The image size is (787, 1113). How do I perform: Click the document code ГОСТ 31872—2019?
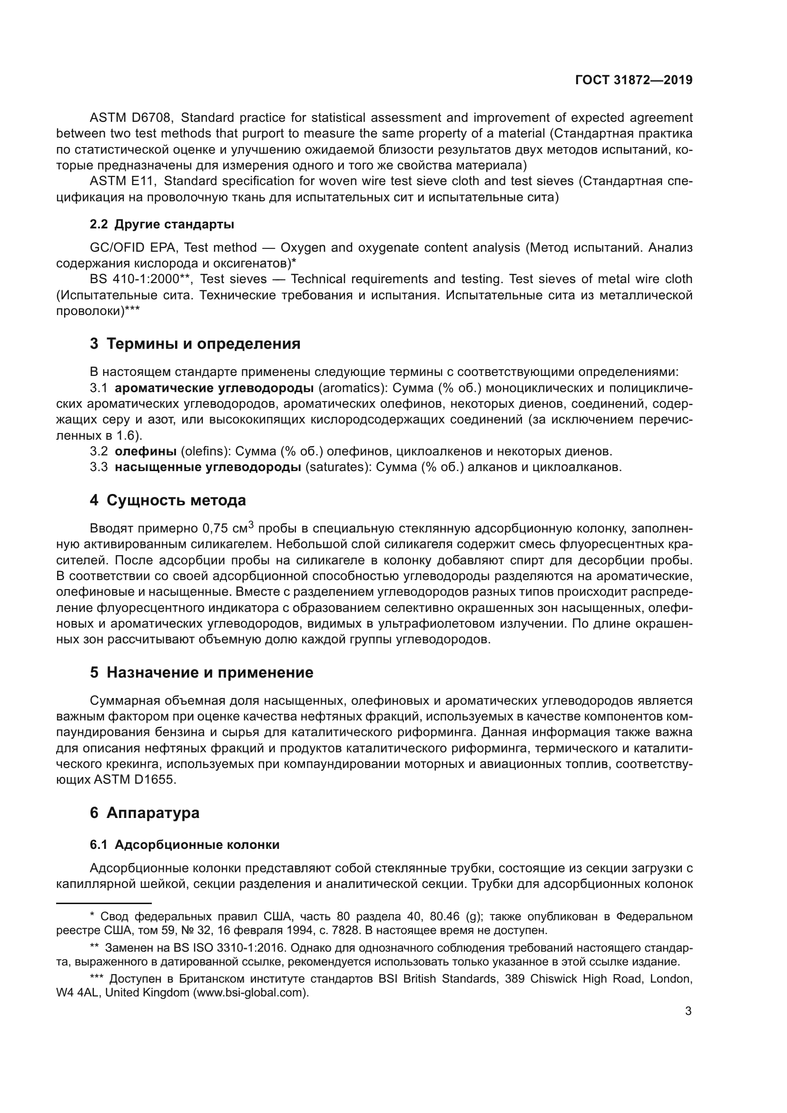(633, 80)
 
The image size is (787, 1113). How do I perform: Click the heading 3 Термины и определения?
(195, 344)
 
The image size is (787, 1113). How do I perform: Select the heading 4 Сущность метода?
(167, 500)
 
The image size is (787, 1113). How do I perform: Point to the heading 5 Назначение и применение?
(201, 672)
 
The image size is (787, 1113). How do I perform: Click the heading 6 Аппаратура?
(145, 812)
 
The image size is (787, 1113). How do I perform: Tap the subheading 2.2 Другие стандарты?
(162, 225)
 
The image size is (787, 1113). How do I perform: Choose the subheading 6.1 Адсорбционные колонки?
(185, 845)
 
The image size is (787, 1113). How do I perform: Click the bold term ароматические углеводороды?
(214, 388)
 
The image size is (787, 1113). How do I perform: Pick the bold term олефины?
(146, 451)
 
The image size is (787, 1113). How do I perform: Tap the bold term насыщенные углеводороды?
(208, 467)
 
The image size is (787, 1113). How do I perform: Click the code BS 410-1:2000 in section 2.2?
(134, 279)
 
